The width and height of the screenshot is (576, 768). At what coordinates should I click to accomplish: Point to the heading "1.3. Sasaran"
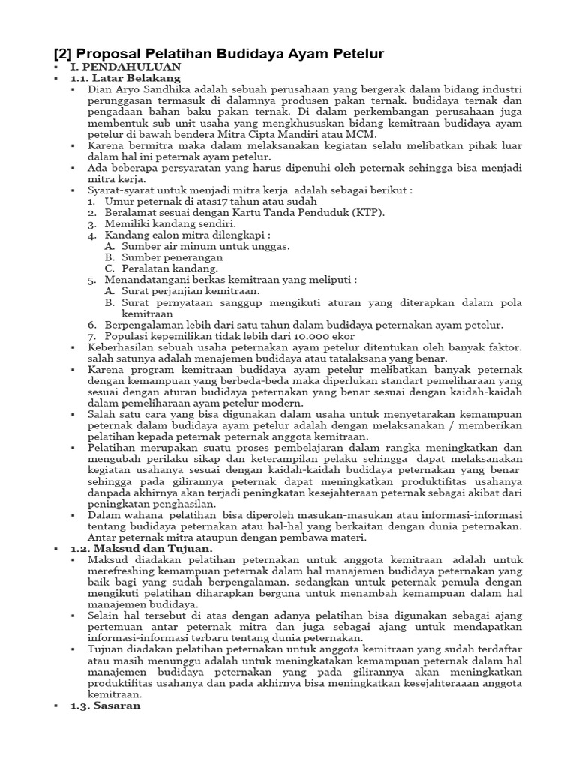(106, 706)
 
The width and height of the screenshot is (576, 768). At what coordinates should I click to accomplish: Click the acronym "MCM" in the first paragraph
(346, 134)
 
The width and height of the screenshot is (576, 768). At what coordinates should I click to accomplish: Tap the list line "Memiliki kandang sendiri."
(170, 224)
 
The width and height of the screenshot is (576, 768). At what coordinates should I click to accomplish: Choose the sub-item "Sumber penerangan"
(167, 257)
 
